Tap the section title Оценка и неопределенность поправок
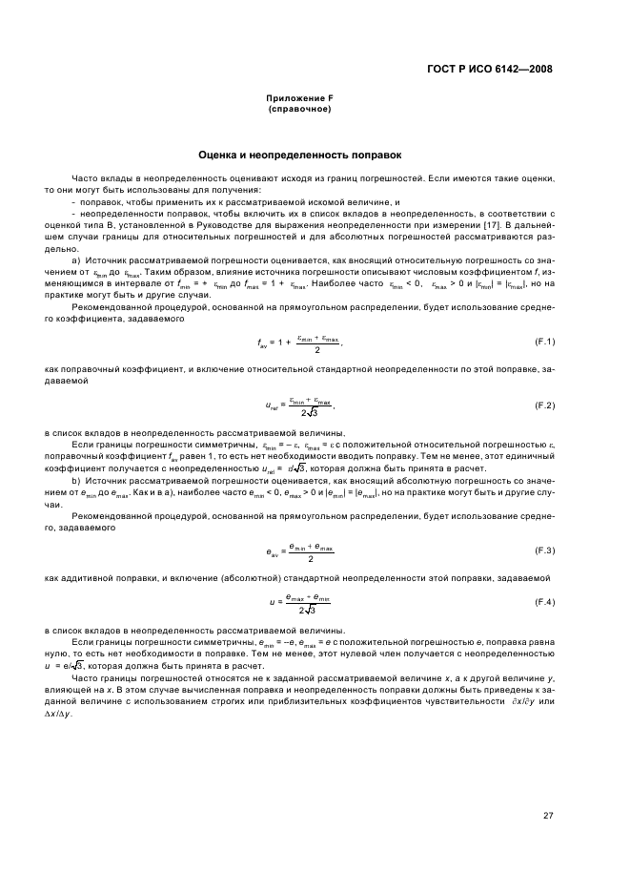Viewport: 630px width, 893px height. pos(299,154)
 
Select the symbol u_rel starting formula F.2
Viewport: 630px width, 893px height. pos(273,406)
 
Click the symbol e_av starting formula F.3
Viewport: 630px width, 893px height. pos(272,551)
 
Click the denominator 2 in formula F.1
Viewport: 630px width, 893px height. pos(316,349)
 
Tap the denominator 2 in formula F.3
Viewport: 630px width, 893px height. pos(311,559)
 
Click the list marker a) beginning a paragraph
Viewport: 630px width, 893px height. pos(75,260)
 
